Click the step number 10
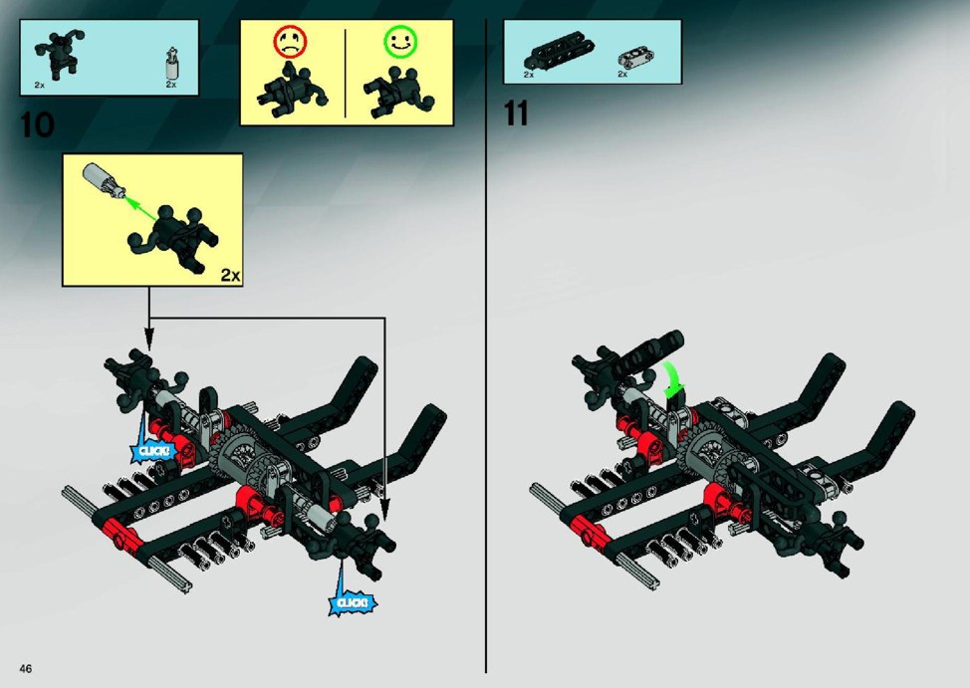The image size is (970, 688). (x=37, y=125)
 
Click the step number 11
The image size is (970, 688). (x=516, y=114)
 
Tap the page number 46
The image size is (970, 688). (x=25, y=668)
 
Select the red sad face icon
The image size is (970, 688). (x=290, y=42)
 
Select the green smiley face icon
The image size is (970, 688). (x=401, y=42)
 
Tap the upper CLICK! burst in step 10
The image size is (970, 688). (x=152, y=450)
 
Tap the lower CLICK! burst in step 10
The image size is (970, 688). (x=352, y=602)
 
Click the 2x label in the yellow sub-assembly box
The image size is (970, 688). (x=230, y=276)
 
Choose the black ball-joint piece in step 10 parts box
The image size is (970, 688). (x=59, y=53)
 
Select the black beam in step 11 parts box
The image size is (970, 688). (x=559, y=53)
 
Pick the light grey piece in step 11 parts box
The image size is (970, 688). (x=636, y=58)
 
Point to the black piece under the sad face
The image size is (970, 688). (x=291, y=91)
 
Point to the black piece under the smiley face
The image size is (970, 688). (x=399, y=93)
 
